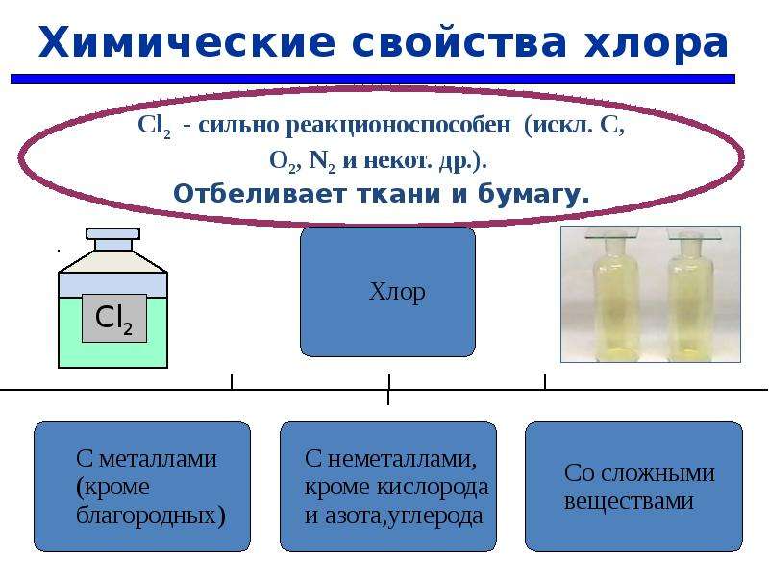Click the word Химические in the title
186,42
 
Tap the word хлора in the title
656,43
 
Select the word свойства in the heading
459,42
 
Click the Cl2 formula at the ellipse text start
154,126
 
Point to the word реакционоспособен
398,126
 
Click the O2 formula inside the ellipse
283,160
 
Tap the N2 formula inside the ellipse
322,160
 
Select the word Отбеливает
260,194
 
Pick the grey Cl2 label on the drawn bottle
113,318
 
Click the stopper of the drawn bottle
112,239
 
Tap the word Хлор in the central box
397,292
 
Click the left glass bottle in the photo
611,293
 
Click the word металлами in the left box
158,459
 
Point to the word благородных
151,516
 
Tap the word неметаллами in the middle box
402,460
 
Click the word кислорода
433,488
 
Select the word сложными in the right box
657,474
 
